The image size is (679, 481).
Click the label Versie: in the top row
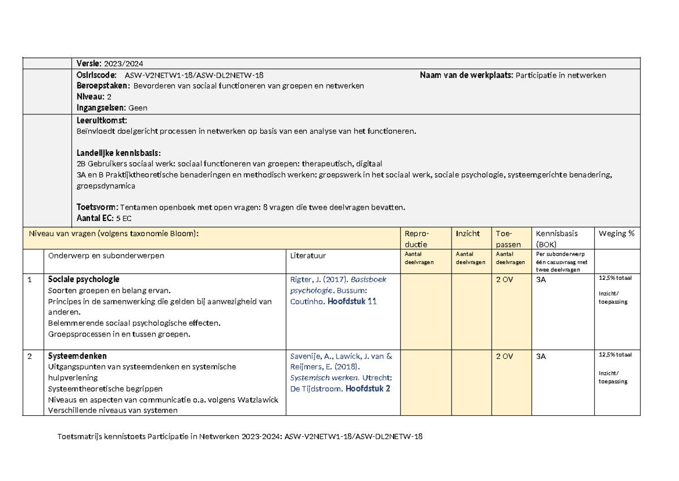89,63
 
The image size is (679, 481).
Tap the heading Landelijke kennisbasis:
118,153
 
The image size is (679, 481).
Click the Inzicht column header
467,233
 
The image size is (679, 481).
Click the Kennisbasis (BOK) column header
557,239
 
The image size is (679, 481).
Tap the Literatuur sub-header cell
308,256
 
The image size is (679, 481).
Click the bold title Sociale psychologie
84,279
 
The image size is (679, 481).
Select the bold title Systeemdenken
78,356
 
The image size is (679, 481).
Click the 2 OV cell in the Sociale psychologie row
504,279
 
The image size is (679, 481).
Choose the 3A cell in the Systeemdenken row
542,356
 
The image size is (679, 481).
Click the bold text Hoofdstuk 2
367,389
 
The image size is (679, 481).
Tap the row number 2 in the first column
29,356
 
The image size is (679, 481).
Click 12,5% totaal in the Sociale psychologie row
615,278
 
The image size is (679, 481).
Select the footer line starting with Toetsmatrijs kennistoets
240,437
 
